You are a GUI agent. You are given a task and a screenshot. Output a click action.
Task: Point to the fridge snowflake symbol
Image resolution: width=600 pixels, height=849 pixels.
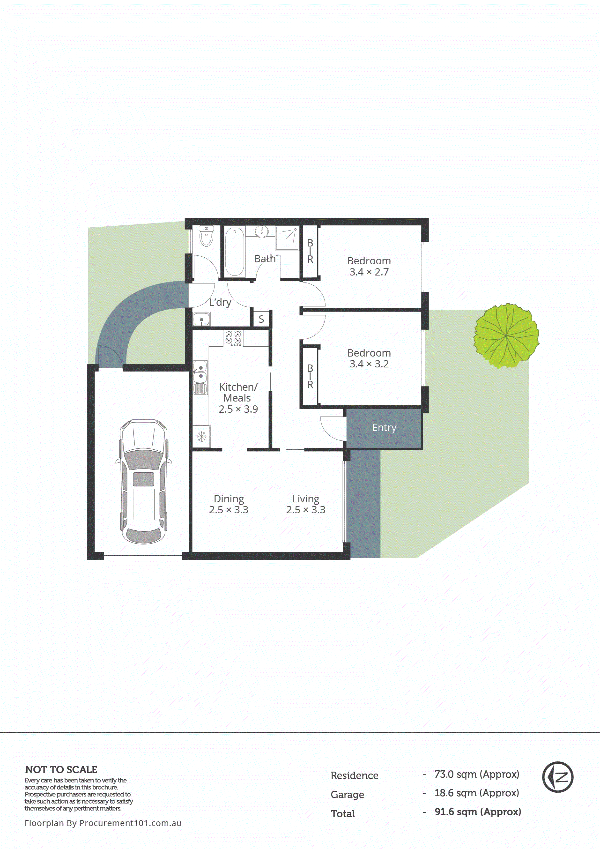(201, 437)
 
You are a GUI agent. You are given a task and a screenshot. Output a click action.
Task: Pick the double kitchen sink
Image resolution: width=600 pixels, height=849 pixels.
(200, 372)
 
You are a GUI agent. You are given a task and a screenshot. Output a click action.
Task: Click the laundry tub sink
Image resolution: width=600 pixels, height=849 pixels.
(201, 319)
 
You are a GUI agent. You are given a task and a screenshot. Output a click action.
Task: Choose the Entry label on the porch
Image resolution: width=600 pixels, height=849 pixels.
(384, 428)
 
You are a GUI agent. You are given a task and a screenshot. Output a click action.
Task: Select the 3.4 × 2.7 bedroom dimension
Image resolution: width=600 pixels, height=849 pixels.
(369, 272)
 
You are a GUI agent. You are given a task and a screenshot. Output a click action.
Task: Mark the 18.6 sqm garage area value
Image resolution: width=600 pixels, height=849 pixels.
(476, 793)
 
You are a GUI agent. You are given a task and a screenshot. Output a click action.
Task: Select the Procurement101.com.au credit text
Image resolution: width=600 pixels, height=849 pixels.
(103, 823)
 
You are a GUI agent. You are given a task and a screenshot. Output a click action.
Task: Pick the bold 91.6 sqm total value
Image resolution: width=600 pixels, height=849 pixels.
(478, 812)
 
